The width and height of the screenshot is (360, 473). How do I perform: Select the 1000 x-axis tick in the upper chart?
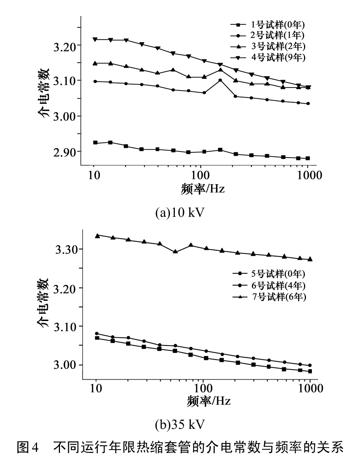click(308, 175)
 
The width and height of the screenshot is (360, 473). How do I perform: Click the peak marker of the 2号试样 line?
click(220, 80)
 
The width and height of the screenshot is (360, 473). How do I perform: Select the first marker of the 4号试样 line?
click(95, 39)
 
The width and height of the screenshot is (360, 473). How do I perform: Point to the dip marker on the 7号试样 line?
click(176, 252)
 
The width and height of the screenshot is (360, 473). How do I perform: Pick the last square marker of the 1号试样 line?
click(308, 158)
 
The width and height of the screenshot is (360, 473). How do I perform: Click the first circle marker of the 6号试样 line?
click(97, 333)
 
